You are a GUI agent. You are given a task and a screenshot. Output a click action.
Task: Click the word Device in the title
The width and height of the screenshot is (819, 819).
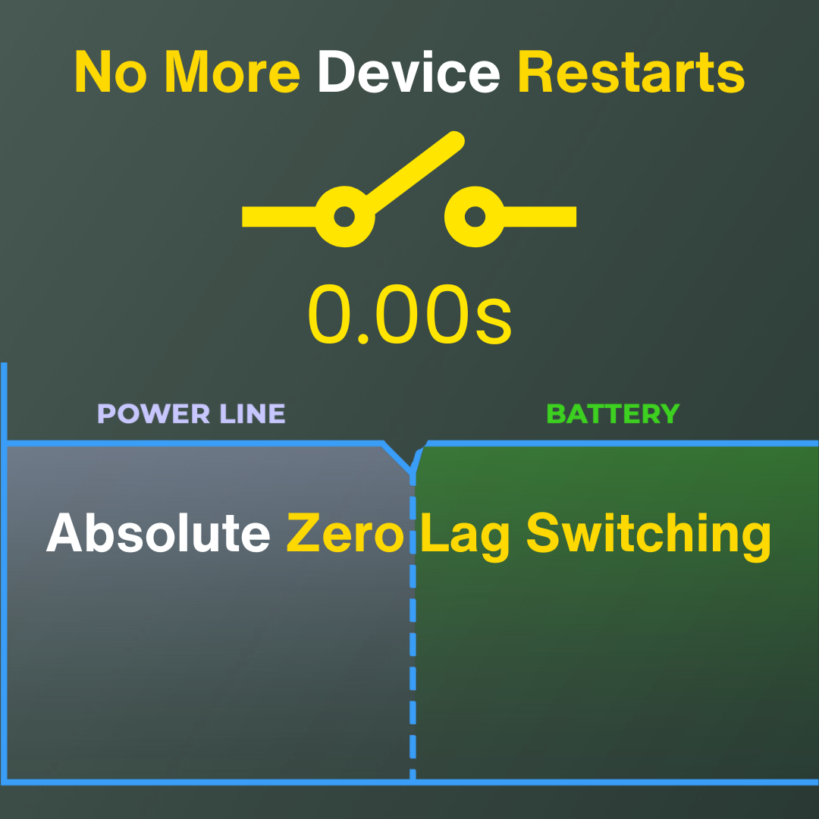tap(409, 72)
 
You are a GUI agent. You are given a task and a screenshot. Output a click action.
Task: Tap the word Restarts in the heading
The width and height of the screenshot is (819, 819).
tap(631, 72)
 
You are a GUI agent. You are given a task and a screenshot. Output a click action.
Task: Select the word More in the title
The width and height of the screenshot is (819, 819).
tap(232, 72)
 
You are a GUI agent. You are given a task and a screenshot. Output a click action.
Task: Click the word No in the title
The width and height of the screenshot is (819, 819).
tap(111, 72)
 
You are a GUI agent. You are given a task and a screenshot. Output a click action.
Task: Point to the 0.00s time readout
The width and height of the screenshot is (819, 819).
tap(409, 315)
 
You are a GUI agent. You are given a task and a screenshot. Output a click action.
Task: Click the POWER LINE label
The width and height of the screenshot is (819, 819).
tap(191, 414)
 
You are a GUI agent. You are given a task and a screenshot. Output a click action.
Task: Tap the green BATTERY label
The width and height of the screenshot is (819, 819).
tap(613, 414)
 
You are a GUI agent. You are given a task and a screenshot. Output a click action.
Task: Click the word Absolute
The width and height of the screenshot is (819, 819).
tap(158, 532)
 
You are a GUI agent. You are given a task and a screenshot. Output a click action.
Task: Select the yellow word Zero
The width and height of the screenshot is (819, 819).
tap(345, 532)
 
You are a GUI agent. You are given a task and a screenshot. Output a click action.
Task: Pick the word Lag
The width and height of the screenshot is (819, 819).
tap(464, 536)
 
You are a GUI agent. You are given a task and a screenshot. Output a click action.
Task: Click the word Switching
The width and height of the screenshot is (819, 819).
tap(648, 536)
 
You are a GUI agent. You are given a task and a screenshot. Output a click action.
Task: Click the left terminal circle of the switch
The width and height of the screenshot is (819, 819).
tap(344, 216)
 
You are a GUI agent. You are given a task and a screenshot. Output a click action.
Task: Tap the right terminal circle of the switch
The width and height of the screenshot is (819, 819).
tap(475, 216)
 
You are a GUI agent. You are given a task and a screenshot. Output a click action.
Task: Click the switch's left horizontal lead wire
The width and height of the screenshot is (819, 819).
tap(279, 216)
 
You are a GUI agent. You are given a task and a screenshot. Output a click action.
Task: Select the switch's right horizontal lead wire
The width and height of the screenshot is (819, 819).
tap(540, 216)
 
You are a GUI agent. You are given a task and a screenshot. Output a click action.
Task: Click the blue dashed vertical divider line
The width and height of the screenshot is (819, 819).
tap(413, 627)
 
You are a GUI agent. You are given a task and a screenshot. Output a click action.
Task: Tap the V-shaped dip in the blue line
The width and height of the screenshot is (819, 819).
tap(413, 471)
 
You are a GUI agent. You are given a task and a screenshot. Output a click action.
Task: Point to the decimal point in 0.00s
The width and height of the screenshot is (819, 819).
tap(363, 339)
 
